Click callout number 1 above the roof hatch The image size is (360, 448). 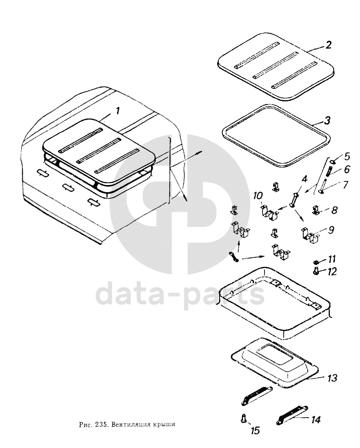[x=117, y=111]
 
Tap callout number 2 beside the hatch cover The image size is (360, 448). [x=328, y=45]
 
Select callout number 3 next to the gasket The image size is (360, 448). [x=327, y=120]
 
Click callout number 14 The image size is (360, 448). [x=315, y=420]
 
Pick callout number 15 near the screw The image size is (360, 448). [x=255, y=430]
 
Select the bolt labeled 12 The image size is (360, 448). [x=315, y=272]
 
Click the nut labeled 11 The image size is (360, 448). [x=316, y=262]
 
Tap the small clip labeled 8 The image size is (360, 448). [x=315, y=211]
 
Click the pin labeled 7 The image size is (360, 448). [x=322, y=186]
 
